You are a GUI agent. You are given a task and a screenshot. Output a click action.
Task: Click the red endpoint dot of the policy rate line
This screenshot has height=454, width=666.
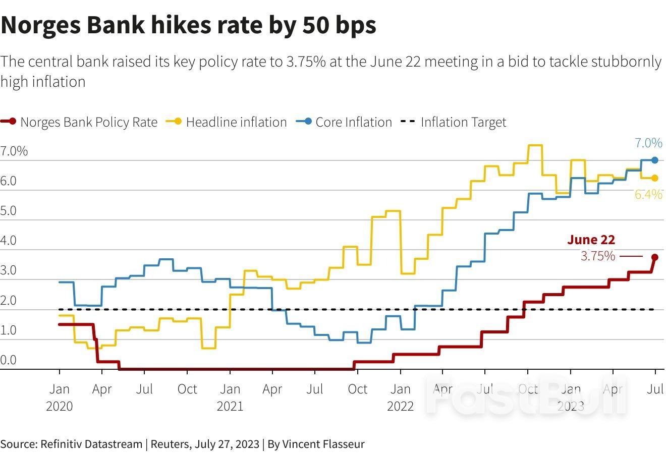[655, 257]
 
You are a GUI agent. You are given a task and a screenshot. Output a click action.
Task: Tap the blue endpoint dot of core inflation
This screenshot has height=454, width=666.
[655, 160]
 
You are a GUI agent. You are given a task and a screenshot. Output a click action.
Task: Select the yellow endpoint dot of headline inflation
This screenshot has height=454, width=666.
[655, 178]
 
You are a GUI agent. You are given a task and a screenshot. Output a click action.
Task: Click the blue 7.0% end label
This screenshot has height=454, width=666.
[648, 143]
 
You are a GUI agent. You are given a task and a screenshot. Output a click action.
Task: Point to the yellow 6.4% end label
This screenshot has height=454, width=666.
[648, 195]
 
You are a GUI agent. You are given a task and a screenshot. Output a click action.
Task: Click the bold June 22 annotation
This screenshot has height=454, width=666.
[591, 240]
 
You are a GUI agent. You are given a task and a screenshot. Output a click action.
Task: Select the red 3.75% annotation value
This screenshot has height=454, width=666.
[598, 256]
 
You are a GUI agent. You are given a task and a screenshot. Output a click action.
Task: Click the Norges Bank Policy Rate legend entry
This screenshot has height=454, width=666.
[89, 122]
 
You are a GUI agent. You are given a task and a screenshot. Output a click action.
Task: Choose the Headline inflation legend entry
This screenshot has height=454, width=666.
[236, 122]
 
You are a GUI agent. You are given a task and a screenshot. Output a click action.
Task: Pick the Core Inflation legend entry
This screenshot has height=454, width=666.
[353, 122]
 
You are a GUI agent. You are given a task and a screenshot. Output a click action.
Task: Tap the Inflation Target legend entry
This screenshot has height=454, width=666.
[463, 122]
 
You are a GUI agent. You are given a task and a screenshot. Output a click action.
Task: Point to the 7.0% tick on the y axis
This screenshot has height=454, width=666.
[14, 151]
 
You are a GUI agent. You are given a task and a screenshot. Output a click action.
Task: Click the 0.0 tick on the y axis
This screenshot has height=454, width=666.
[9, 360]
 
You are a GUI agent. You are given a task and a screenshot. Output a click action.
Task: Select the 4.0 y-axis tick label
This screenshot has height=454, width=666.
[9, 241]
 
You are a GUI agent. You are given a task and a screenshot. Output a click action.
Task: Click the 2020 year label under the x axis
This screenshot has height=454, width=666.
[60, 406]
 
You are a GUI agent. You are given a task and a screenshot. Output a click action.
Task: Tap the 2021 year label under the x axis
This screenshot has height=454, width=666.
[230, 406]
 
